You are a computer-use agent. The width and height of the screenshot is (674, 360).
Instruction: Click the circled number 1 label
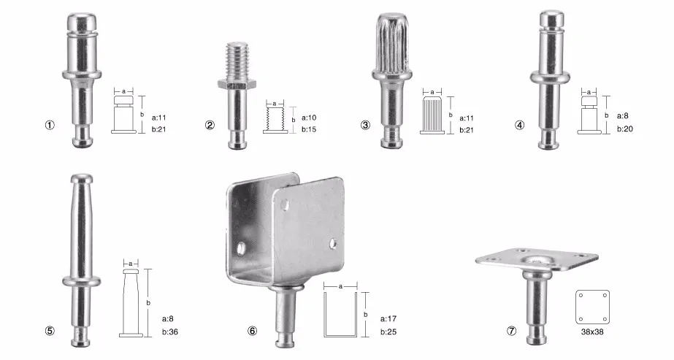(50, 125)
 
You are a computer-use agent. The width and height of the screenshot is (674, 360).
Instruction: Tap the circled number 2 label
(210, 125)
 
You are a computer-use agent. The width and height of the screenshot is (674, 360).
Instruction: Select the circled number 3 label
(365, 125)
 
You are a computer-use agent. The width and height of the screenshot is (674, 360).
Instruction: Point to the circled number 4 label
(520, 125)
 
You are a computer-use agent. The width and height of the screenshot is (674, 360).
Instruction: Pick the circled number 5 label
(50, 331)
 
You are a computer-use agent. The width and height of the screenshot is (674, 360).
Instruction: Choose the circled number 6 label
(253, 331)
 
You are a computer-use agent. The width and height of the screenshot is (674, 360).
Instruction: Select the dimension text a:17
(388, 318)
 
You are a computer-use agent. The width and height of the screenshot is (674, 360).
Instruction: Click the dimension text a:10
(310, 118)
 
